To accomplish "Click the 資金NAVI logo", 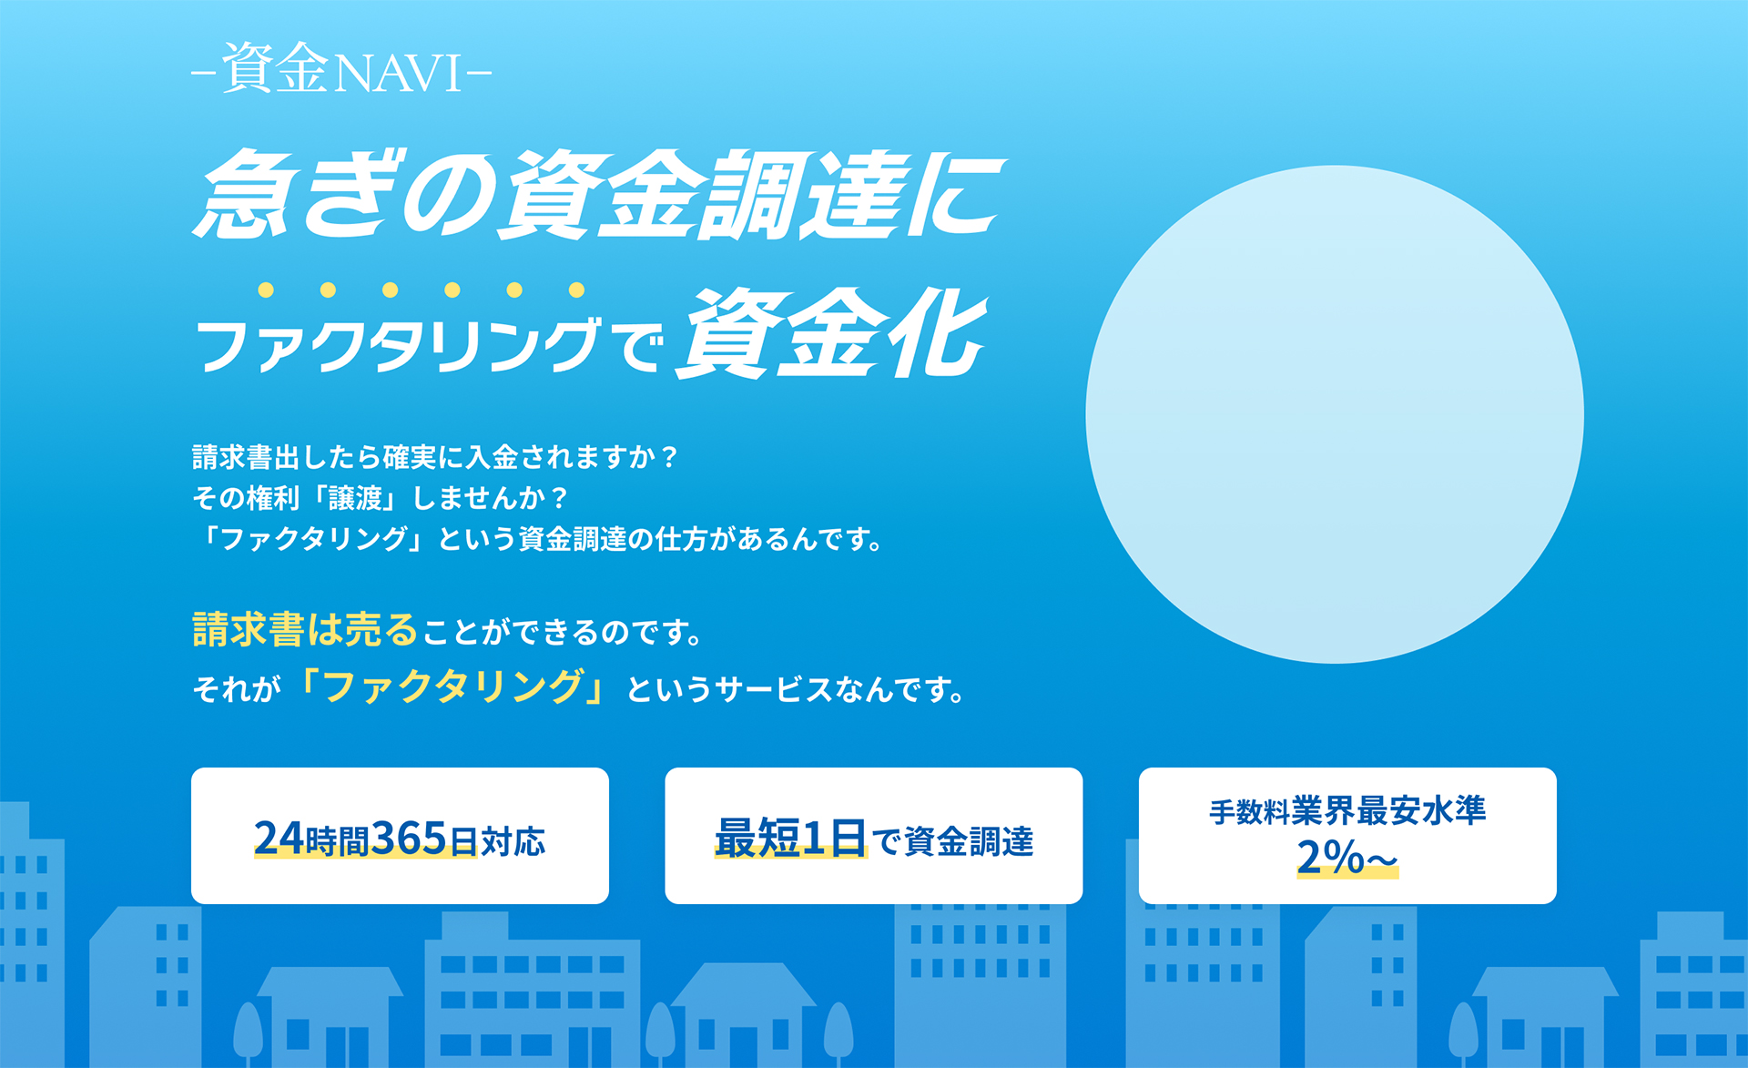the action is [341, 69].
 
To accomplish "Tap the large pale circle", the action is [1335, 414].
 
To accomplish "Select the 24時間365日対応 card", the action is [400, 836].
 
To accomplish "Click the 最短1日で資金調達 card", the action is [874, 836].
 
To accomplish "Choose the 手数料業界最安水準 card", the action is [1347, 836].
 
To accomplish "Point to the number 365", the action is [410, 839].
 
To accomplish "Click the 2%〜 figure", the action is [1347, 858].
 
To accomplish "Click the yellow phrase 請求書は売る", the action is [305, 629].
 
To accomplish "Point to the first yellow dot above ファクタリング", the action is [266, 290].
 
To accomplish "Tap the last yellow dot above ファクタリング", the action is [576, 290].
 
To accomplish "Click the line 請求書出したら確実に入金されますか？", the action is [435, 456].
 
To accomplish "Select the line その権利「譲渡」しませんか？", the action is [381, 497].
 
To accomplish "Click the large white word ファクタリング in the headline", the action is [398, 345].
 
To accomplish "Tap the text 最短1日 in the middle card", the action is [790, 839].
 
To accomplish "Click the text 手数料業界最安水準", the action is [1347, 810].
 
